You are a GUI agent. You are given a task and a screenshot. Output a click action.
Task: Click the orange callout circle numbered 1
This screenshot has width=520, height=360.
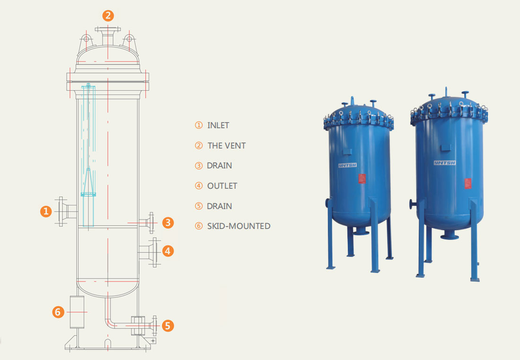click(45, 211)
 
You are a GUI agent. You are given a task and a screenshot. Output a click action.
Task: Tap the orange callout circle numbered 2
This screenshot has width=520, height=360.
click(108, 16)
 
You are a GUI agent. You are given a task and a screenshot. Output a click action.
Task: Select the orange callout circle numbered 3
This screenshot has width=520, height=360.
click(167, 222)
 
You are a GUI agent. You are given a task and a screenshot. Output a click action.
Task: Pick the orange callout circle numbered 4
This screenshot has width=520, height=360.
click(167, 251)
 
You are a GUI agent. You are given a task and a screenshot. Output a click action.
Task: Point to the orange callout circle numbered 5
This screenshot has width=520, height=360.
click(168, 325)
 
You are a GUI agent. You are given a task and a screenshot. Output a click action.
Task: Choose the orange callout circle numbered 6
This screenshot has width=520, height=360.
click(58, 312)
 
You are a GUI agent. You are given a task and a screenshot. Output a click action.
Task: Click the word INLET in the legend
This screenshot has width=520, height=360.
click(218, 125)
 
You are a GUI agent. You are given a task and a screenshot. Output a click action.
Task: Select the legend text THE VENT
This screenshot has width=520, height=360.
click(226, 146)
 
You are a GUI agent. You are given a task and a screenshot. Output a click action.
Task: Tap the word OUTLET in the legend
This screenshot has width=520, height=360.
click(222, 186)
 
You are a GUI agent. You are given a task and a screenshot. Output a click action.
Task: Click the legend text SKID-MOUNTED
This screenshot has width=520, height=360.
click(238, 226)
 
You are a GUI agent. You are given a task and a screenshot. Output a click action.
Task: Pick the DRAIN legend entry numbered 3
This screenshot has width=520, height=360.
click(220, 166)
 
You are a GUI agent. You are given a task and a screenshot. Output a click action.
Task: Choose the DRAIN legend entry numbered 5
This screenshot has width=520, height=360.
click(220, 206)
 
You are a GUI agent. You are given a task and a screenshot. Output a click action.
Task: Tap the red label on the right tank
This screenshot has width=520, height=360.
click(467, 183)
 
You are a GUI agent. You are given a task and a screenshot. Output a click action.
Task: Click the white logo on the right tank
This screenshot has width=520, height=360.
click(444, 163)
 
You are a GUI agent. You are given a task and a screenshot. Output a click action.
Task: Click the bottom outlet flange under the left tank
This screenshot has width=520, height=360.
click(361, 230)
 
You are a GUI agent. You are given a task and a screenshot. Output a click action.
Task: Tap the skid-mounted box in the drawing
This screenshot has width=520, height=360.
click(77, 312)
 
